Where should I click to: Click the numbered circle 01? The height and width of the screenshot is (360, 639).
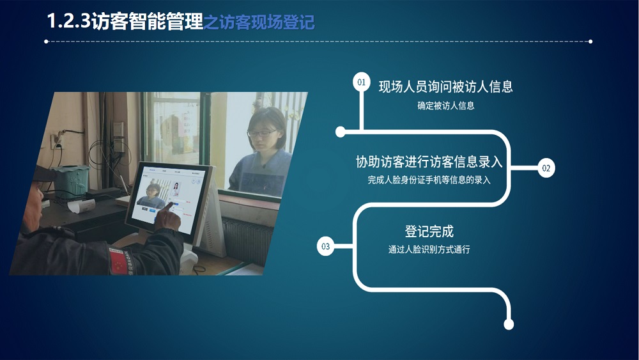361,82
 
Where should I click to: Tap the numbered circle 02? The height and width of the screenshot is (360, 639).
546,168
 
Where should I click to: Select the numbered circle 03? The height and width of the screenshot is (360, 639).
325,246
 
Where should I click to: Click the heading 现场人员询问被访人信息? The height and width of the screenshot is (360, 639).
445,87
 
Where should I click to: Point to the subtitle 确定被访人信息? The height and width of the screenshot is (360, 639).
445,106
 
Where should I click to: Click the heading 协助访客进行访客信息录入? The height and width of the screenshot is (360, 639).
429,162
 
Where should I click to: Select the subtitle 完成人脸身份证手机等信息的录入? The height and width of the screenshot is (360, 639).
429,180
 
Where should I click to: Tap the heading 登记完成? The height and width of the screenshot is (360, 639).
429,231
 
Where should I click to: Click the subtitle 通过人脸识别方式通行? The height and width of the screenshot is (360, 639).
429,249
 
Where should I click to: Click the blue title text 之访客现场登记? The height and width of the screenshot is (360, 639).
259,22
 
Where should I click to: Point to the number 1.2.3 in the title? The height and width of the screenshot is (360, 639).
68,21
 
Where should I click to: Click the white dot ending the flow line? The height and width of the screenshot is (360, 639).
509,325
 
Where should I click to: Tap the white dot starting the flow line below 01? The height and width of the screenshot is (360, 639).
341,132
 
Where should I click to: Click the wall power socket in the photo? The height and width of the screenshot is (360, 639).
57,141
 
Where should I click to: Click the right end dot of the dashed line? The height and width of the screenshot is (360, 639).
590,42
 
